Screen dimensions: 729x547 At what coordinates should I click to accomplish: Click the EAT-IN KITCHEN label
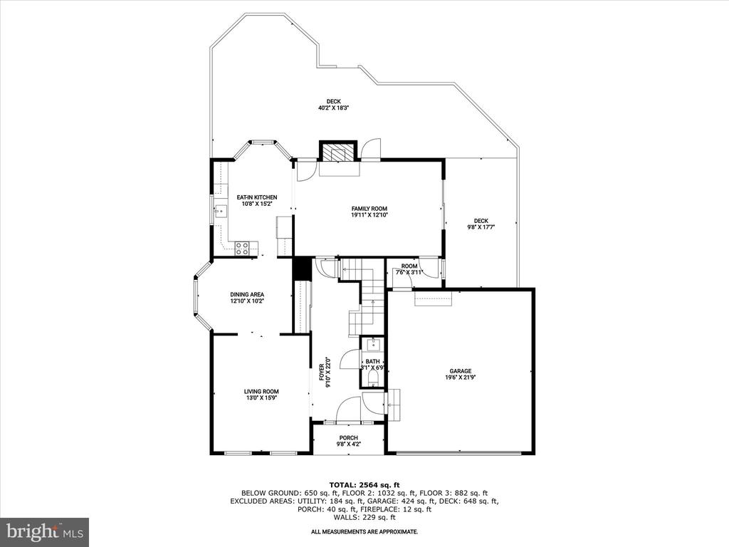point(256,197)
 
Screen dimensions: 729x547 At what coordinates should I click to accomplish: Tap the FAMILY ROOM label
point(369,209)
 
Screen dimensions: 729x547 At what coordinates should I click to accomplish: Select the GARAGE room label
point(461,371)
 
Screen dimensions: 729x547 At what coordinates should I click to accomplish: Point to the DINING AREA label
point(247,294)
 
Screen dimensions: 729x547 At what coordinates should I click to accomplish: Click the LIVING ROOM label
point(261,392)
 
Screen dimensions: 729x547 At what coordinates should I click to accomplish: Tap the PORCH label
point(348,438)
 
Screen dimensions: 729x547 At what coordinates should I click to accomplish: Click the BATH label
point(372,361)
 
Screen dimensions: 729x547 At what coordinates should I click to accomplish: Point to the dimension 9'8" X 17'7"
point(481,227)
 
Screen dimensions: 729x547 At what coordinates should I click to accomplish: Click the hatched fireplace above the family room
point(338,152)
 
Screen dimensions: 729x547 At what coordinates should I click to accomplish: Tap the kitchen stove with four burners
point(241,249)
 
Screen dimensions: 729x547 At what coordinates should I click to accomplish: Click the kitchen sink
point(221,211)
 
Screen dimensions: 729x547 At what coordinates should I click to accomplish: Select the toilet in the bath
point(373,377)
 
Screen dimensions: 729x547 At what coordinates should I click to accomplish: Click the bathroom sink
point(373,345)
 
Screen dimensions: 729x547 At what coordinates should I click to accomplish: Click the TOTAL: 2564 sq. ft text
point(364,484)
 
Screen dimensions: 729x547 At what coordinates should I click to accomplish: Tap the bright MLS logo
point(45,532)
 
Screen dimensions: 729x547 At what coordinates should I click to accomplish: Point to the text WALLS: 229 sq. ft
point(364,517)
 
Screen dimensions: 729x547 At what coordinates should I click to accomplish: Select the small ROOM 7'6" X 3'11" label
point(409,269)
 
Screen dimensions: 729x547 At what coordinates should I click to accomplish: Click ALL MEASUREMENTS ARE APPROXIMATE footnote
point(364,531)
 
